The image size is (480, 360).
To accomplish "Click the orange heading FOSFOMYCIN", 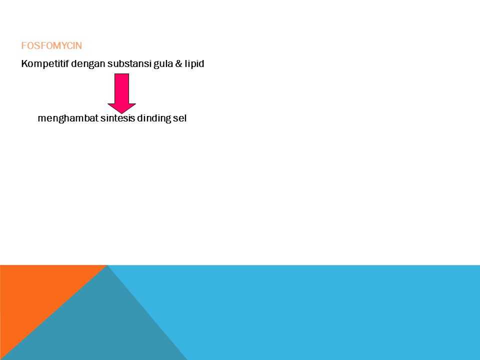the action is (51, 45).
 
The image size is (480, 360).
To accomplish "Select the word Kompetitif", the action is (45, 63).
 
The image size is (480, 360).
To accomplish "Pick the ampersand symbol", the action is (179, 63).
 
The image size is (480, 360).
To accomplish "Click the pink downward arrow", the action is (122, 93).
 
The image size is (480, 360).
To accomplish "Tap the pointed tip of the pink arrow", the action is (122, 113).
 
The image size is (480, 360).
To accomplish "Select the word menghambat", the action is (68, 118).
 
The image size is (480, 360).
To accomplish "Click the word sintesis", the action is (117, 118).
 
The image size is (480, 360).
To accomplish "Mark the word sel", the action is (179, 118).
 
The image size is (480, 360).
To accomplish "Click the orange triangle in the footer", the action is (33, 294).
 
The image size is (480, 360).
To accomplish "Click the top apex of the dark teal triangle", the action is (107, 265).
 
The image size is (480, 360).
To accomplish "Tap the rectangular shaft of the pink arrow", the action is (122, 89).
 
